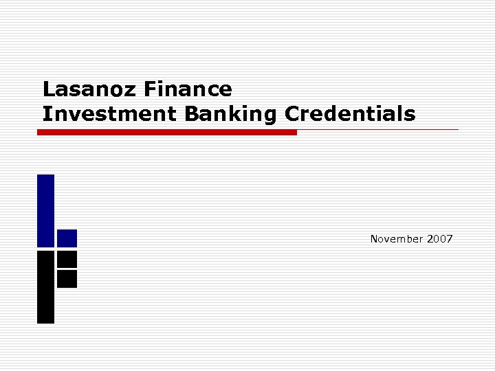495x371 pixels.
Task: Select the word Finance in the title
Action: pos(188,89)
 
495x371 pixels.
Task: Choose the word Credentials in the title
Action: pos(350,113)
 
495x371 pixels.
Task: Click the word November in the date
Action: pos(396,239)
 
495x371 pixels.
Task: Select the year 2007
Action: pos(439,239)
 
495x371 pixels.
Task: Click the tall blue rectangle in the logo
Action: pos(45,210)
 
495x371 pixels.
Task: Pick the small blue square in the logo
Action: pos(67,238)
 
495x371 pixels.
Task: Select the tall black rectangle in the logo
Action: pos(45,286)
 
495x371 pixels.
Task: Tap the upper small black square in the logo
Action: pos(67,259)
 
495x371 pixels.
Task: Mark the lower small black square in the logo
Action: pos(67,279)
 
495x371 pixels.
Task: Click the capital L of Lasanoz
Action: pos(47,89)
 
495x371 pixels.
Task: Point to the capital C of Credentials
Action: pos(291,113)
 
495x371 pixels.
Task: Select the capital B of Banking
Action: pos(190,113)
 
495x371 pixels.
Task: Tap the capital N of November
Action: pos(374,239)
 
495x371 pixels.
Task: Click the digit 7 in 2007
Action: pos(450,239)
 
